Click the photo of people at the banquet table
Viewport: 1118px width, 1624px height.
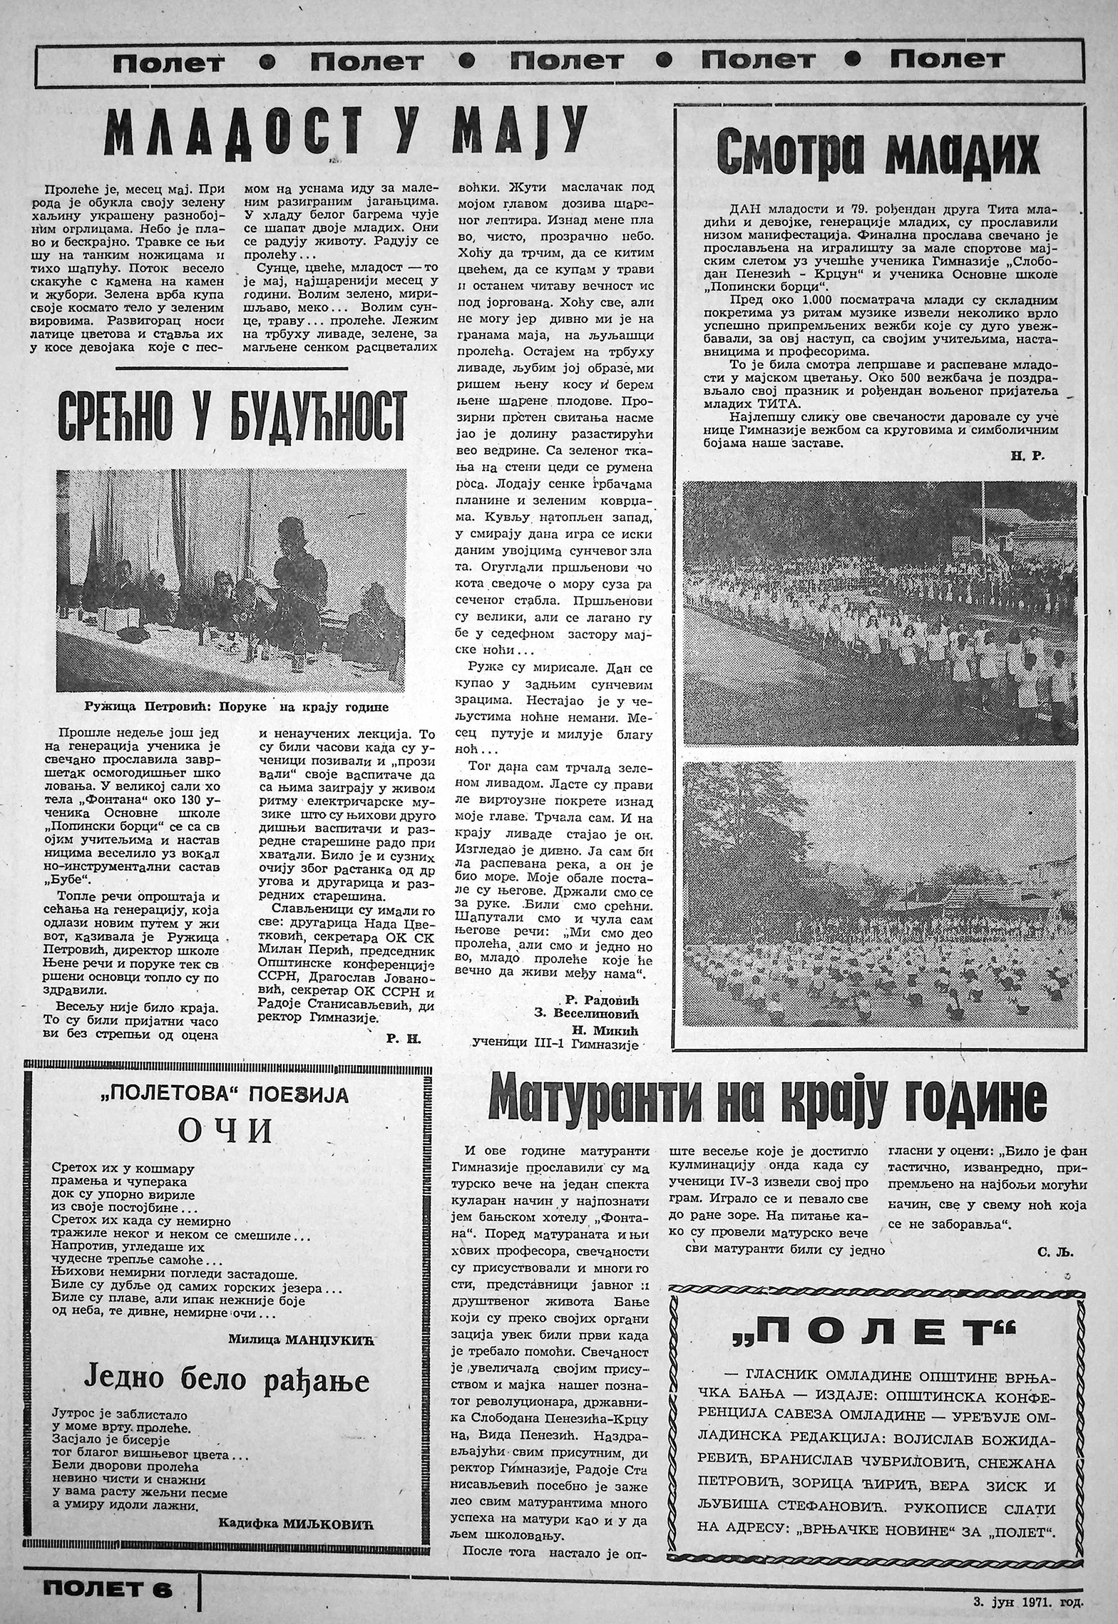point(231,580)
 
